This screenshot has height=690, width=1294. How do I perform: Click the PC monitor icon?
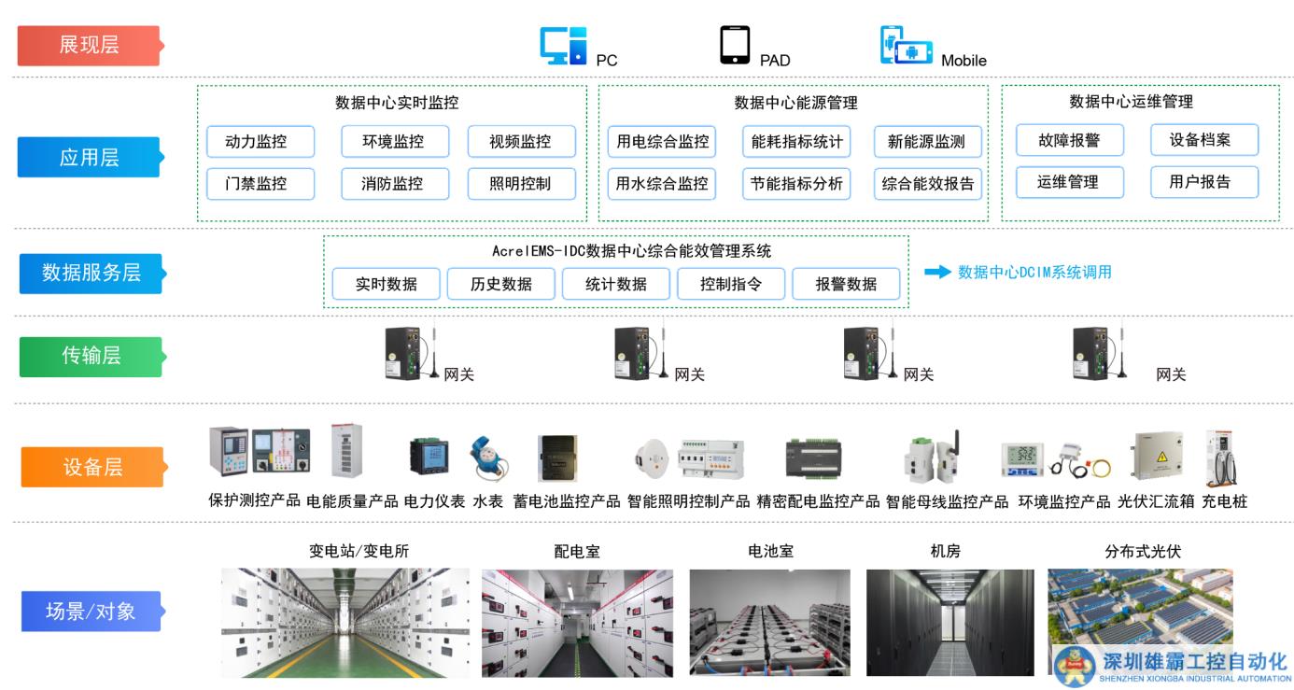563,46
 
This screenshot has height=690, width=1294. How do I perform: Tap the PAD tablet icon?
735,45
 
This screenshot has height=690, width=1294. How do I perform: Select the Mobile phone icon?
906,46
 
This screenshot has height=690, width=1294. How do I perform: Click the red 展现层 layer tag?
90,45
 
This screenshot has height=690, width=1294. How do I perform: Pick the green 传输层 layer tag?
91,356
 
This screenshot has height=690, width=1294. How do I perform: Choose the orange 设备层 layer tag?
91,467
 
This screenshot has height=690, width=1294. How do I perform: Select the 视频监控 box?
521,142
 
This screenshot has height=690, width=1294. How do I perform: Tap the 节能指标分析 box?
796,184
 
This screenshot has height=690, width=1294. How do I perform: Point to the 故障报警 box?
1069,141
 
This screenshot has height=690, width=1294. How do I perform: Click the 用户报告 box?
1203,182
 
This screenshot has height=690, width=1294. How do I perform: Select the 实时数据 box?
386,284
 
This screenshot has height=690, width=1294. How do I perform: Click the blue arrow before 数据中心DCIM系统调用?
936,272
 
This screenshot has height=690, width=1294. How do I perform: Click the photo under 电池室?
769,623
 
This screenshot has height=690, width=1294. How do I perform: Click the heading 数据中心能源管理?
795,103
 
